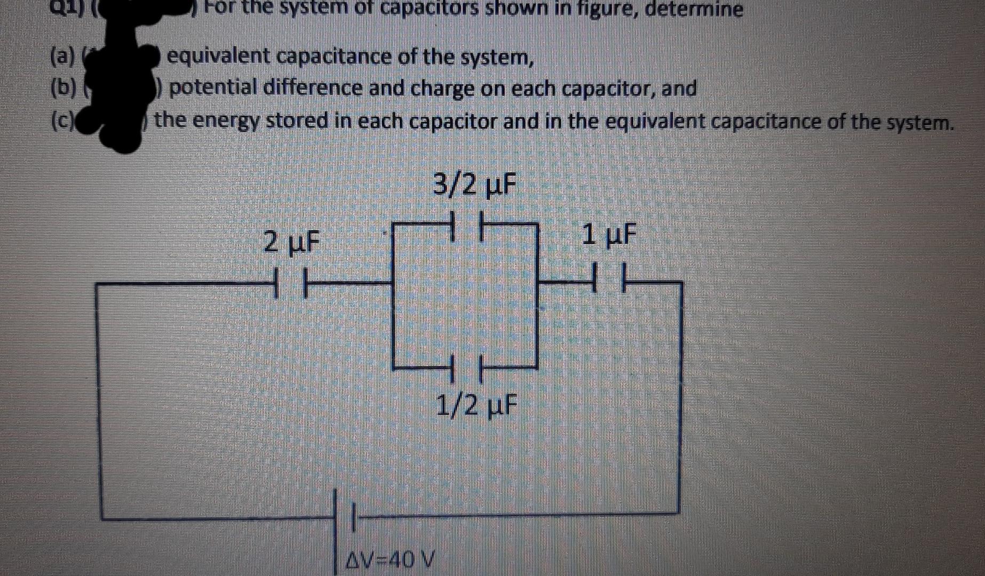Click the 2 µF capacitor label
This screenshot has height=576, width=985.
point(292,243)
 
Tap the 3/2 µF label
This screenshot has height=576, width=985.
point(474,186)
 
